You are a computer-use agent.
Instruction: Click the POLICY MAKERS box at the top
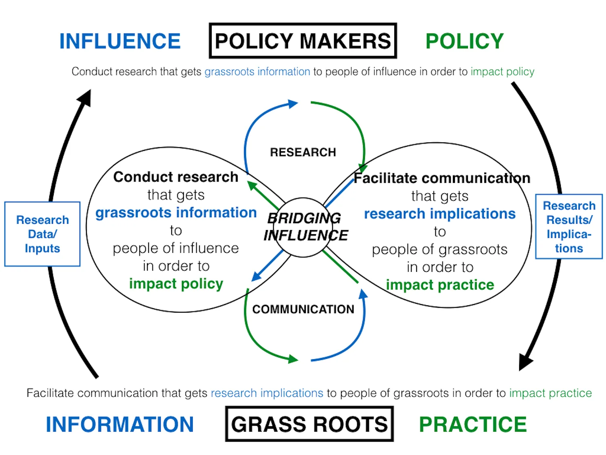pyautogui.click(x=303, y=41)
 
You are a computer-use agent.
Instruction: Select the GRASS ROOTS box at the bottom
pyautogui.click(x=309, y=424)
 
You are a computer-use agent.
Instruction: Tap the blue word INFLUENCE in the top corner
pyautogui.click(x=120, y=41)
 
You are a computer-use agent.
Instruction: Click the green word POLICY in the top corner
pyautogui.click(x=465, y=41)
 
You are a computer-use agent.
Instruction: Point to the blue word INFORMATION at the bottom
pyautogui.click(x=120, y=424)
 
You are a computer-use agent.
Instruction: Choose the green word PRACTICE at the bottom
pyautogui.click(x=473, y=424)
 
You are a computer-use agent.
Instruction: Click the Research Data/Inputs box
pyautogui.click(x=42, y=234)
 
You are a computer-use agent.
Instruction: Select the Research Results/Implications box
pyautogui.click(x=569, y=226)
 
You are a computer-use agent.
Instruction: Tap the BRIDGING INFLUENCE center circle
pyautogui.click(x=304, y=227)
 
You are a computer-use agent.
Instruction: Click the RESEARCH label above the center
pyautogui.click(x=303, y=152)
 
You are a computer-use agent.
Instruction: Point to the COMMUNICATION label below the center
pyautogui.click(x=303, y=309)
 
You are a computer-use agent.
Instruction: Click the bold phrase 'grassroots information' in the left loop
pyautogui.click(x=176, y=212)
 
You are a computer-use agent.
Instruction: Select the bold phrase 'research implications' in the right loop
pyautogui.click(x=440, y=214)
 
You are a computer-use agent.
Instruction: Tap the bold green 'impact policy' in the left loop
pyautogui.click(x=176, y=284)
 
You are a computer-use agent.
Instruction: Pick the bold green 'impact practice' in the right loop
pyautogui.click(x=440, y=285)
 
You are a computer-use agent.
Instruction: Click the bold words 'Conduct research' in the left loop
pyautogui.click(x=176, y=177)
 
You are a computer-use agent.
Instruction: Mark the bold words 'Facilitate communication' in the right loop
pyautogui.click(x=442, y=178)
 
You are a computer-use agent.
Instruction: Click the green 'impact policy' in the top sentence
pyautogui.click(x=502, y=72)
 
